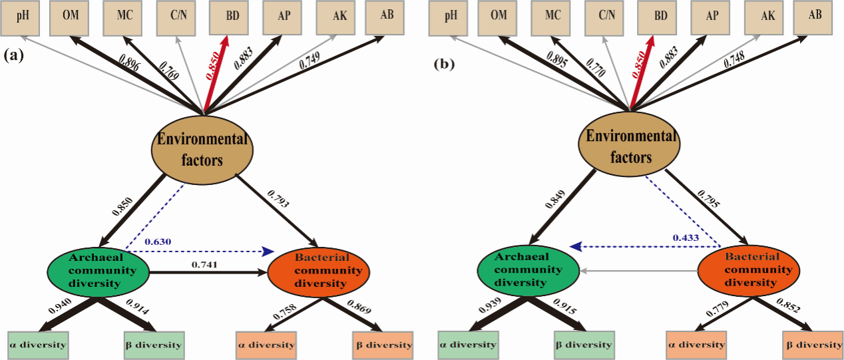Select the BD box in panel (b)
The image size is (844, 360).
tap(659, 17)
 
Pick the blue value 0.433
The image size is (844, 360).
tap(685, 237)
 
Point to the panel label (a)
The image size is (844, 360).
tap(13, 56)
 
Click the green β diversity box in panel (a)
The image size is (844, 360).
tap(153, 345)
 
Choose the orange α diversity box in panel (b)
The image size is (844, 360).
tap(696, 345)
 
